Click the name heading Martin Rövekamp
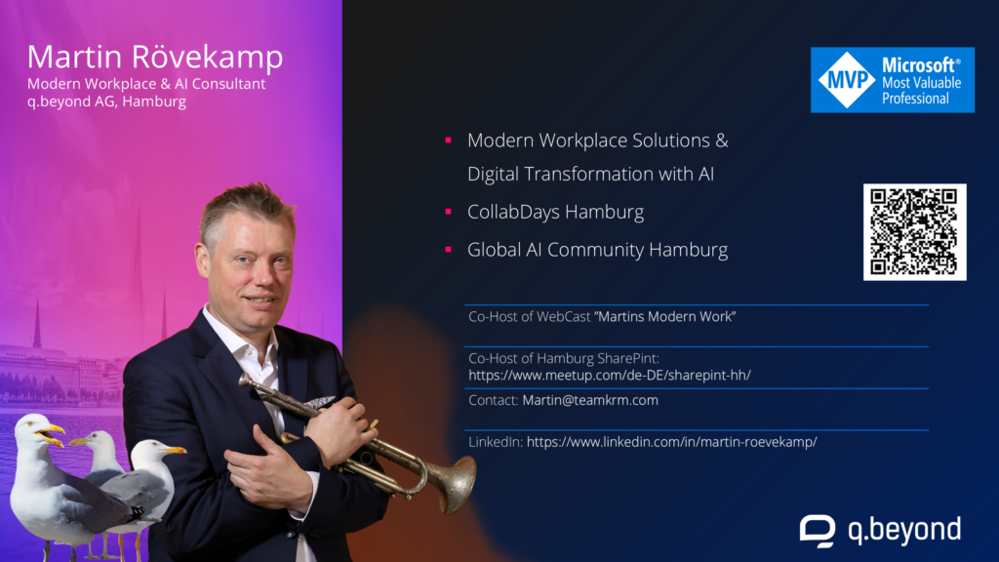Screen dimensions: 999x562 tap(155, 56)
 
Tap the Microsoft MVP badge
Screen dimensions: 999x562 tap(892, 80)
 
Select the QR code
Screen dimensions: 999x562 tap(914, 232)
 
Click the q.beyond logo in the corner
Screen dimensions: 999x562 tap(881, 530)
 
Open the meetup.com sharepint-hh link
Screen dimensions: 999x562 tap(610, 376)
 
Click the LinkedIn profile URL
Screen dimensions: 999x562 tap(671, 442)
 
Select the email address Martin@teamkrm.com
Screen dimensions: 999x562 tap(590, 400)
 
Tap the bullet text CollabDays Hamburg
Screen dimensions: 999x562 tap(555, 212)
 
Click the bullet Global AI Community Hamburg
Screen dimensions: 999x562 tap(598, 250)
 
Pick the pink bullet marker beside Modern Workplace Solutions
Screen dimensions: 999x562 tap(449, 140)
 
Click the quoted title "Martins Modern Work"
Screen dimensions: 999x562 tap(664, 317)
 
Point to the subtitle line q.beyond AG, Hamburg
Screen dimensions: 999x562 tap(106, 101)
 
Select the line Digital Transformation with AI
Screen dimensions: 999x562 tap(590, 174)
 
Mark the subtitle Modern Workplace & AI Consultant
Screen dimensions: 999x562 tap(146, 84)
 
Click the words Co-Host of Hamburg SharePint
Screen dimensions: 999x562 tap(563, 358)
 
